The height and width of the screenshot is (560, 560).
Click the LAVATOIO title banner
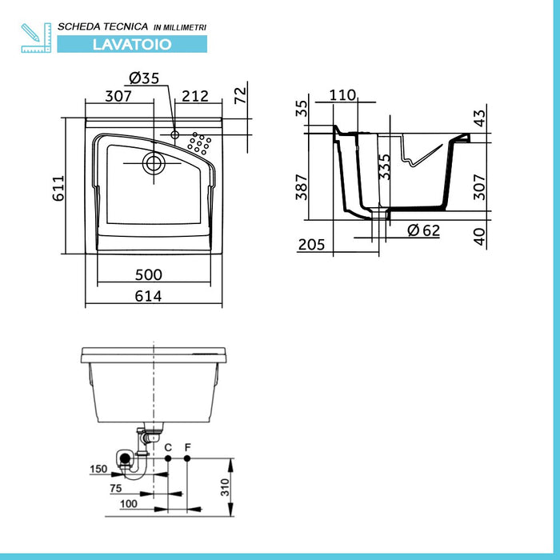point(132,44)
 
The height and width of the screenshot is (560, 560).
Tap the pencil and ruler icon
point(36,38)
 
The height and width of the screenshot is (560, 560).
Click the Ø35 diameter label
point(144,78)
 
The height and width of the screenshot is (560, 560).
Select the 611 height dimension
point(58,188)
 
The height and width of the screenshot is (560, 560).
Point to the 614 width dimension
point(148,296)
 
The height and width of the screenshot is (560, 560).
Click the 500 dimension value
point(149,274)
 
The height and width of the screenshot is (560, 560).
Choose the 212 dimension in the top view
point(195,96)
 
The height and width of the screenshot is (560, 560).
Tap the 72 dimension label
point(240,95)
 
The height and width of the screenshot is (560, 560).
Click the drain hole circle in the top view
point(154,163)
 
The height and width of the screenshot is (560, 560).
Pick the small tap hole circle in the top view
point(174,134)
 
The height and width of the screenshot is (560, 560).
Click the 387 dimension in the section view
point(302,187)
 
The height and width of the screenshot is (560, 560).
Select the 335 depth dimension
point(385,166)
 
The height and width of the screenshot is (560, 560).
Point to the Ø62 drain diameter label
point(423,230)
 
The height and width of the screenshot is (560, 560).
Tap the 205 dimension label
point(311,245)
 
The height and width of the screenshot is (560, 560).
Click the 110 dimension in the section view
point(342,95)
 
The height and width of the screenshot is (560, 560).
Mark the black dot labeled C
point(168,458)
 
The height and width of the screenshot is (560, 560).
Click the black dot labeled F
point(187,458)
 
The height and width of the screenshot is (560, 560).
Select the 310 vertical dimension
point(225,487)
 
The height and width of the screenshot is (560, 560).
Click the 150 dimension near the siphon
point(98,469)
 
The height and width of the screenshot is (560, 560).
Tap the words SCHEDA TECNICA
point(103,26)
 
